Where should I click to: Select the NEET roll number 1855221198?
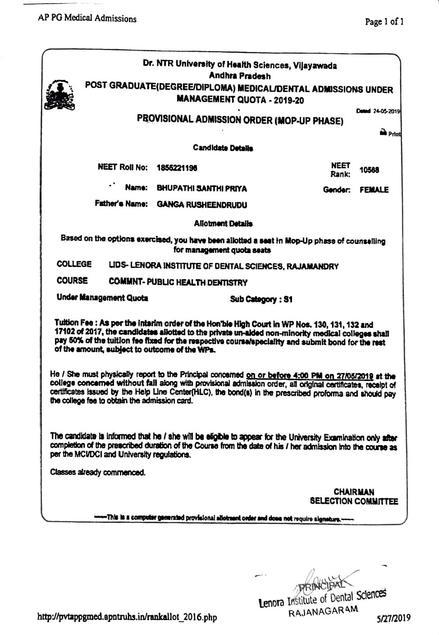pos(177,168)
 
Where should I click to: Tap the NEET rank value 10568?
pos(369,170)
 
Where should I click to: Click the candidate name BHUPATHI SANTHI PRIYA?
pos(201,189)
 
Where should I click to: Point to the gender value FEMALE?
pos(374,190)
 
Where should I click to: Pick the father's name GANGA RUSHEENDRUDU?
pos(202,205)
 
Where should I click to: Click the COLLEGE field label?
pos(74,264)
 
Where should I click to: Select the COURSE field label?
pos(72,281)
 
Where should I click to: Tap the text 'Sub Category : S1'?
pos(261,299)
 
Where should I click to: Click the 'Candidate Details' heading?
pos(223,148)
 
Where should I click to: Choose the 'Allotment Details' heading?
pos(223,223)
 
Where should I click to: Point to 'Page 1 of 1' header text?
pos(384,21)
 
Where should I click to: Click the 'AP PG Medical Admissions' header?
pos(87,18)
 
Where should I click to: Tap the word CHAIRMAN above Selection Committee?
pos(354,492)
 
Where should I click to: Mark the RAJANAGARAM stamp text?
pos(323,612)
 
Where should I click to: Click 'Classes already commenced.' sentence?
pos(98,473)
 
